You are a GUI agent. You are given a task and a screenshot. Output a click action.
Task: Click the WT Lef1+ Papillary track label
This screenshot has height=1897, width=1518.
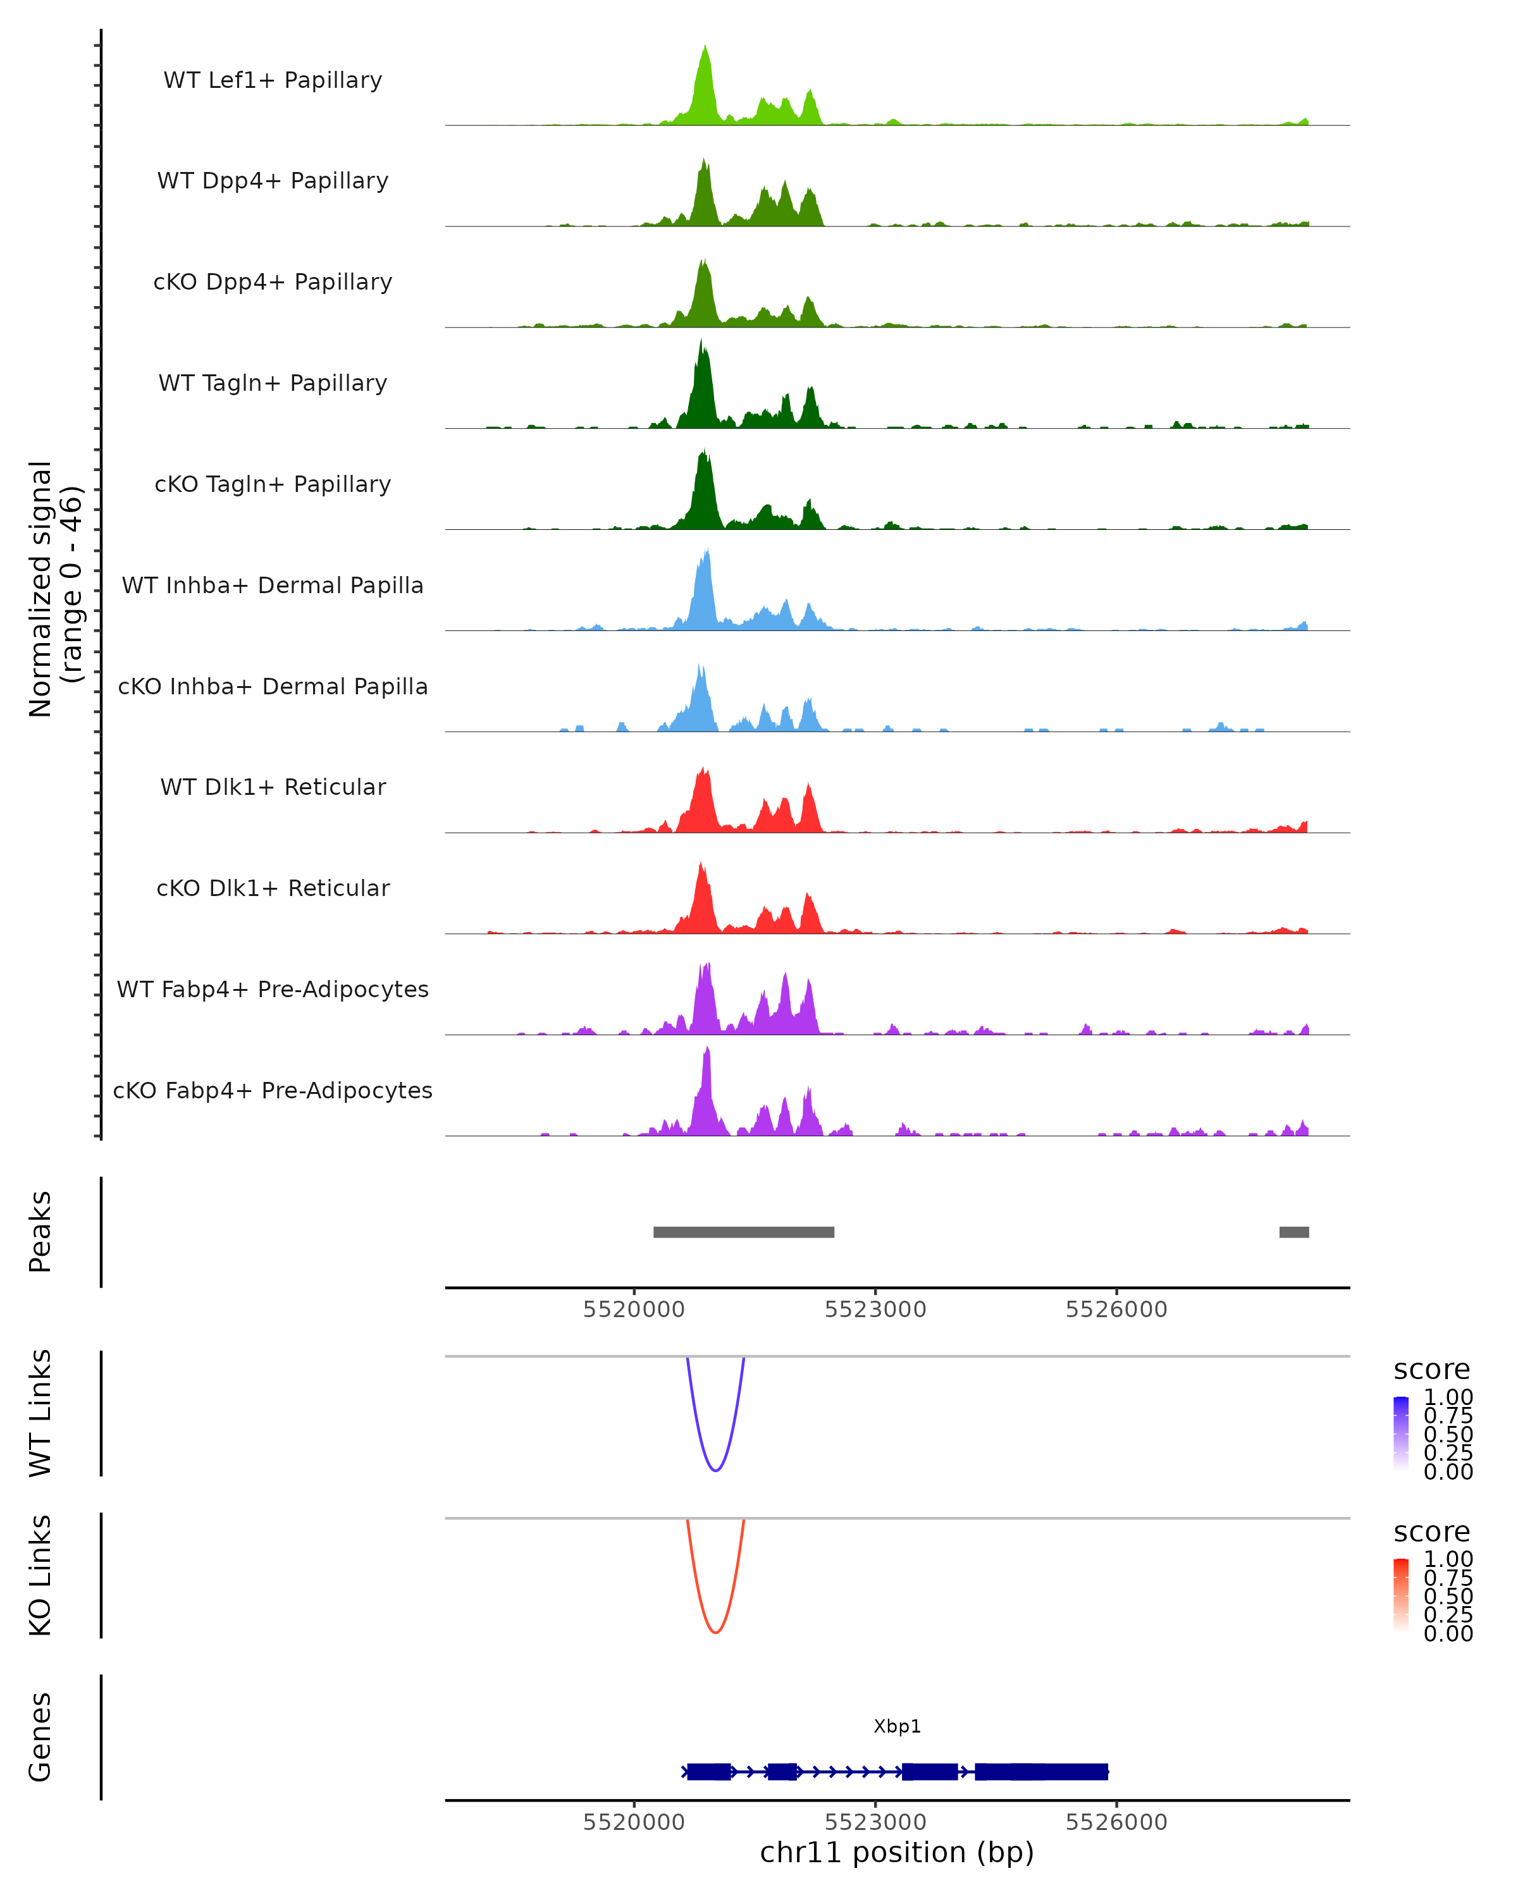tap(273, 80)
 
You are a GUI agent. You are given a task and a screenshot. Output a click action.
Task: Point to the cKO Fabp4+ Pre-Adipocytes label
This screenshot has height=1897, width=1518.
tap(273, 1090)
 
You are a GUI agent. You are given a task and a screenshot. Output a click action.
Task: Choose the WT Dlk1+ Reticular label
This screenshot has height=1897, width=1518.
tap(273, 787)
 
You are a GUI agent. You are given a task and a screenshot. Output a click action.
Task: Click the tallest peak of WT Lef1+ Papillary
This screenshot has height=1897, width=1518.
tap(705, 49)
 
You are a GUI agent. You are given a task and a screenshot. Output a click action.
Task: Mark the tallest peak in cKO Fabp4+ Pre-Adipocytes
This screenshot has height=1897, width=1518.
tap(707, 1050)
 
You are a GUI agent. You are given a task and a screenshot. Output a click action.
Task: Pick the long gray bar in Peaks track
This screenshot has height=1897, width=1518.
tap(744, 1232)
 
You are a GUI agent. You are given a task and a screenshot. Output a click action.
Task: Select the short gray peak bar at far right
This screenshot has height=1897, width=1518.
tap(1293, 1232)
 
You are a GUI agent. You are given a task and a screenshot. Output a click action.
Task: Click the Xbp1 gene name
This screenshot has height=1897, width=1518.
tap(897, 1726)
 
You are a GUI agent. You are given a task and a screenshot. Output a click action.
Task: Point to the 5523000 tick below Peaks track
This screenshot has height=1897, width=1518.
tap(875, 1310)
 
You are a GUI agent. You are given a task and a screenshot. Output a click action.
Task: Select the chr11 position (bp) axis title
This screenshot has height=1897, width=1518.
tap(897, 1853)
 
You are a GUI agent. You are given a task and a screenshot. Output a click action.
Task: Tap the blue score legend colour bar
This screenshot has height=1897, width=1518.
tap(1401, 1432)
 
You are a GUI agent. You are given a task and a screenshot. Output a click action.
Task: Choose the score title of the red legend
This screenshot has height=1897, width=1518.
tap(1431, 1532)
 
